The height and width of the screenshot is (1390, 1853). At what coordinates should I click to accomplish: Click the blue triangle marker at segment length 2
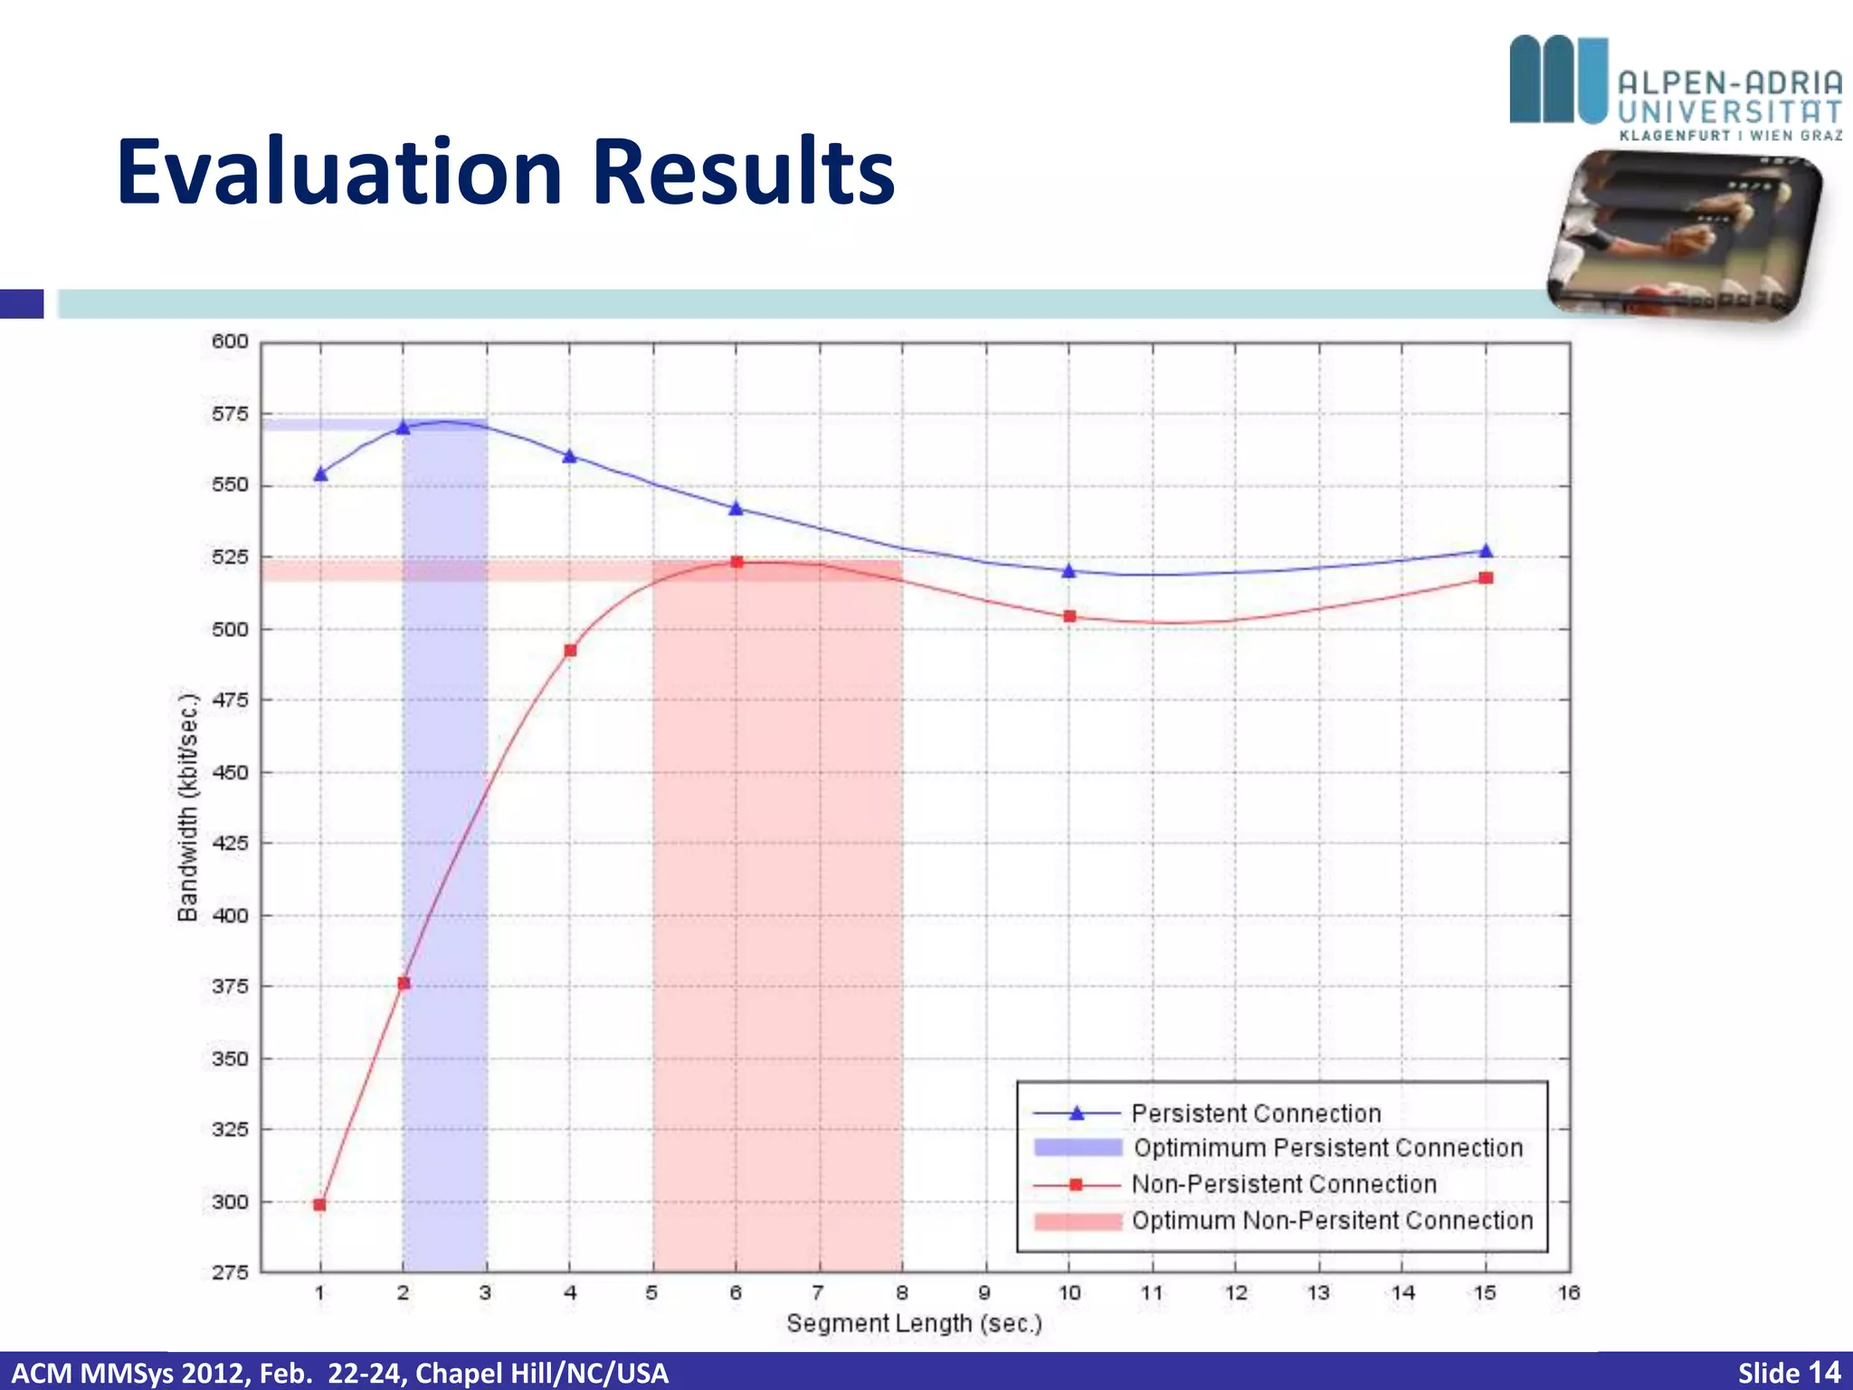pos(404,427)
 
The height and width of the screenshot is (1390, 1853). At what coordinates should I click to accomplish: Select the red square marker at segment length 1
pos(319,1204)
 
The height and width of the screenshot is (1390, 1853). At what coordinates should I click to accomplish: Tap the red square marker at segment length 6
pos(736,562)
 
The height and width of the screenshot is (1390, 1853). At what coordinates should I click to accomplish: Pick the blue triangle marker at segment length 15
pos(1486,550)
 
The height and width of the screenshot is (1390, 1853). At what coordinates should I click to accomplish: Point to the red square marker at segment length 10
pos(1069,616)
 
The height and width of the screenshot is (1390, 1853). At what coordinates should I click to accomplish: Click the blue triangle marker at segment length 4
pos(570,456)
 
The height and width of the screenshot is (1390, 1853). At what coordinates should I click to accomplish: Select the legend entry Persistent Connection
pos(1256,1113)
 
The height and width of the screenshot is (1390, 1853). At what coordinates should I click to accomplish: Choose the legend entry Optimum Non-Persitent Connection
pos(1332,1221)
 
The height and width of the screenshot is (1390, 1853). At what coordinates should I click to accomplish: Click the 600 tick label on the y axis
pos(230,341)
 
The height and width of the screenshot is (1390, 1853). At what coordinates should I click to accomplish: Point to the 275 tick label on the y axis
pos(230,1272)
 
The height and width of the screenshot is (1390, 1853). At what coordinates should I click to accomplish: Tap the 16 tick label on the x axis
pos(1568,1293)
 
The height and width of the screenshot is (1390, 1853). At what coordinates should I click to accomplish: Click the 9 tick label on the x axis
pos(984,1293)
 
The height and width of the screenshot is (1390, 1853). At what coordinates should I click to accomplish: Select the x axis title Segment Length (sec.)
pos(914,1323)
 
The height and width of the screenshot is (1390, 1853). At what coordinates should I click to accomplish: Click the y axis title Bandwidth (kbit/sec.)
pos(187,807)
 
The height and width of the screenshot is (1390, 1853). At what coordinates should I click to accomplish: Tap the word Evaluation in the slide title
pos(339,172)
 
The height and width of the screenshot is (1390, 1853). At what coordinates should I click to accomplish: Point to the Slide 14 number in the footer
pos(1789,1372)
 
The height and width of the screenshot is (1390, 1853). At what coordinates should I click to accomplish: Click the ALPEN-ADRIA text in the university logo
pos(1729,83)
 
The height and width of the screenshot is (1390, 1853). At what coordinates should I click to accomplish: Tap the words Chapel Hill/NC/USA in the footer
pos(542,1373)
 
